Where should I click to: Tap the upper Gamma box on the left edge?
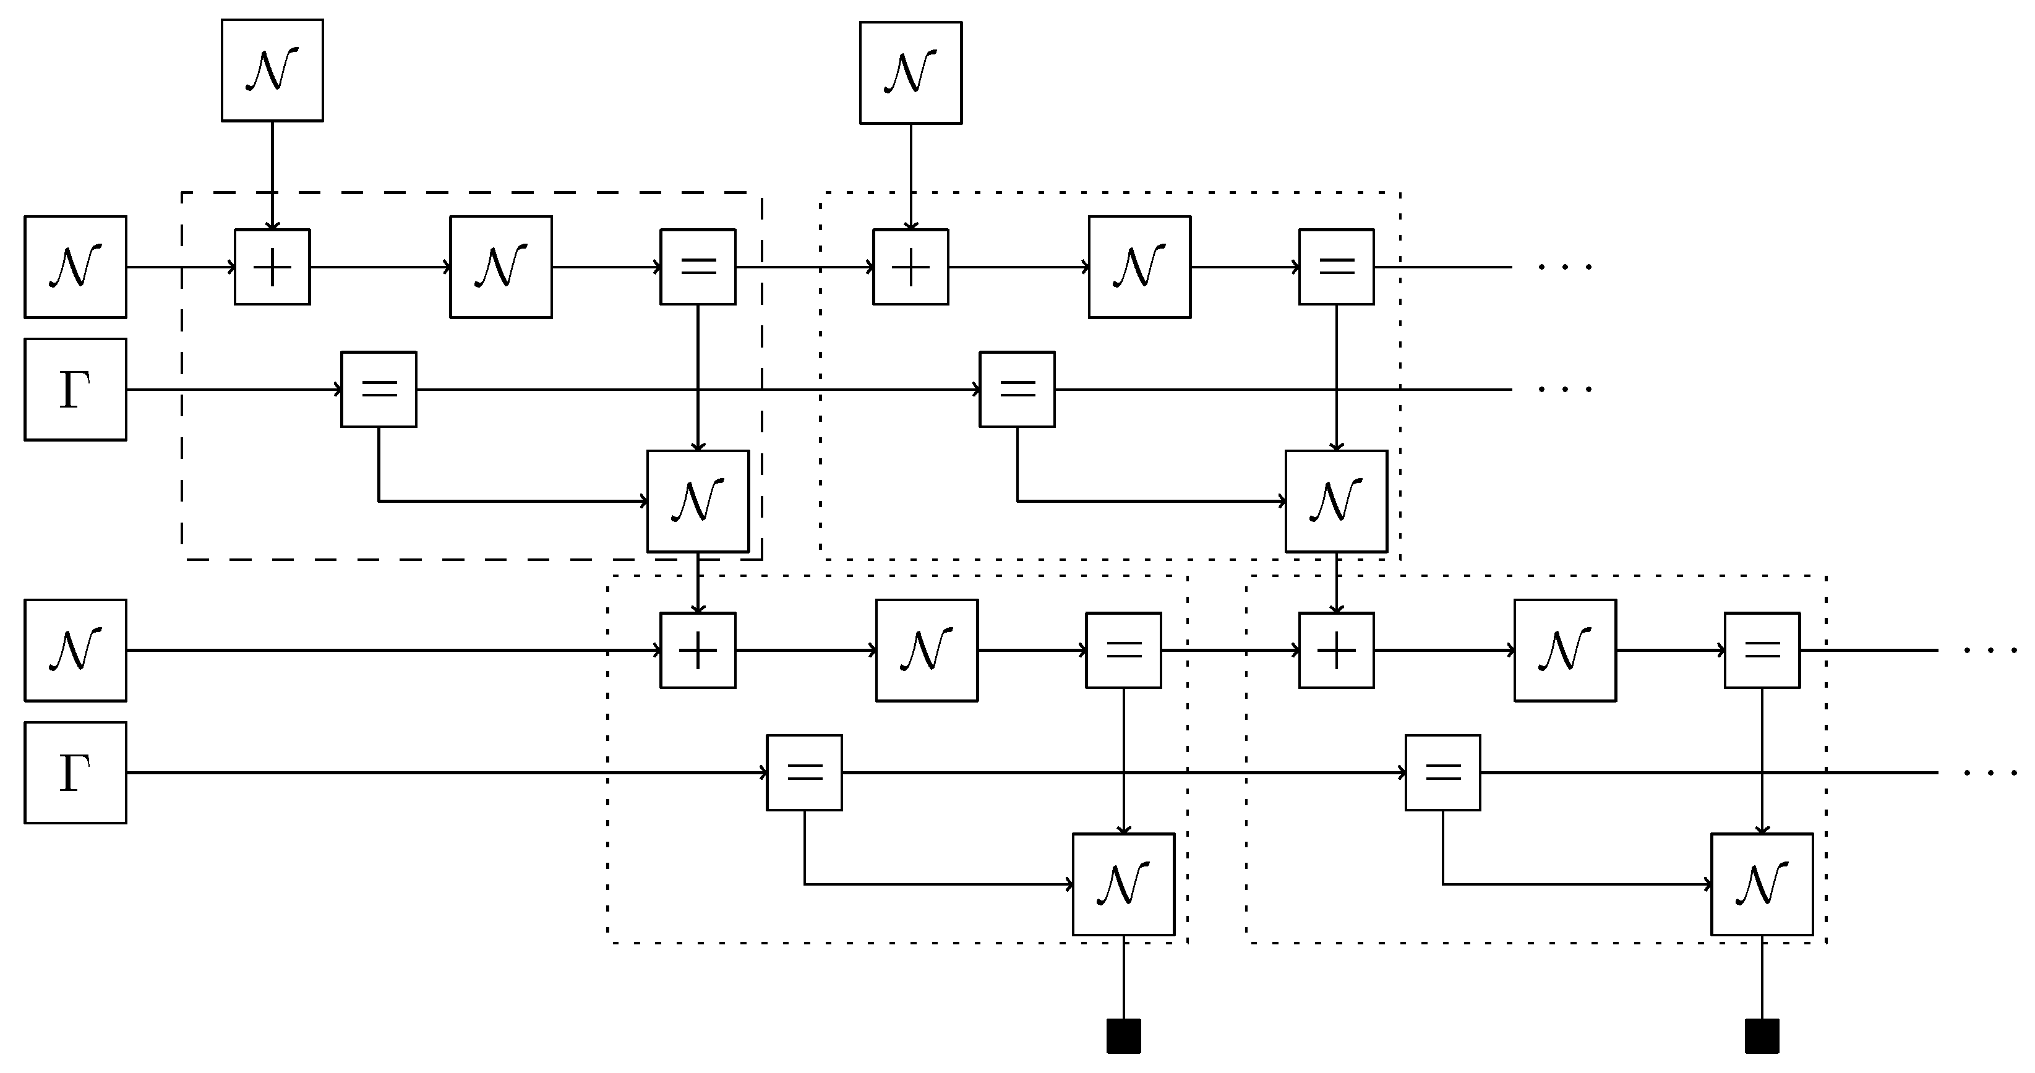75,390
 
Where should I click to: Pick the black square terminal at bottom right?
1762,1036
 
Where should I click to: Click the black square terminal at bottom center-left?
1123,1036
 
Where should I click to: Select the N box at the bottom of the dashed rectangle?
698,501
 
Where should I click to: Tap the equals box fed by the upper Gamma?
379,390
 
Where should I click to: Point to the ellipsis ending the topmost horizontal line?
1564,267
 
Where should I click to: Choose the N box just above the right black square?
1762,884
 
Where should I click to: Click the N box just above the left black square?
1123,884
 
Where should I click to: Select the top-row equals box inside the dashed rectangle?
698,267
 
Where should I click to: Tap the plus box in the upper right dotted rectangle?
910,267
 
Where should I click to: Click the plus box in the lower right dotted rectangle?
1336,650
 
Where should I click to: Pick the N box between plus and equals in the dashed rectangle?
501,267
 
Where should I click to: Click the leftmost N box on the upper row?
75,267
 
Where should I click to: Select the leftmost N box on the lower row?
75,650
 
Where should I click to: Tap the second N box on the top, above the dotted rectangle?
910,73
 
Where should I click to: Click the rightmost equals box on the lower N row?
1762,650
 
